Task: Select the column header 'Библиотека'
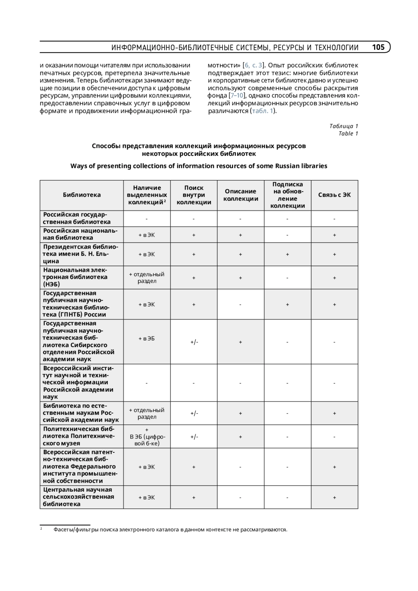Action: (x=82, y=195)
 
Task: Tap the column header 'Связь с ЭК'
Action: (x=334, y=195)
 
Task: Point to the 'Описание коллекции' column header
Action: (x=241, y=195)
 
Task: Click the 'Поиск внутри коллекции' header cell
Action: (x=194, y=195)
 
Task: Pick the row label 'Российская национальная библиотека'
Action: (x=80, y=234)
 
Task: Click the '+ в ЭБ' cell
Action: (x=147, y=339)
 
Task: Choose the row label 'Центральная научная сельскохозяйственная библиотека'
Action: (x=78, y=497)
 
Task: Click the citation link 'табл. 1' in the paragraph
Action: (x=262, y=111)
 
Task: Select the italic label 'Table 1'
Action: (x=348, y=134)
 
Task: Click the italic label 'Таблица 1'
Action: (x=343, y=126)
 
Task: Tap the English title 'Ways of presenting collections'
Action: (x=199, y=166)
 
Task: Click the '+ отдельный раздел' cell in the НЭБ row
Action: (x=147, y=278)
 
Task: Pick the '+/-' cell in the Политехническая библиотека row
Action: (x=194, y=437)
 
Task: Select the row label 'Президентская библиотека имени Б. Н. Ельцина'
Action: (x=80, y=254)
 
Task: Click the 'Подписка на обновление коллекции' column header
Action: (x=287, y=195)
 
